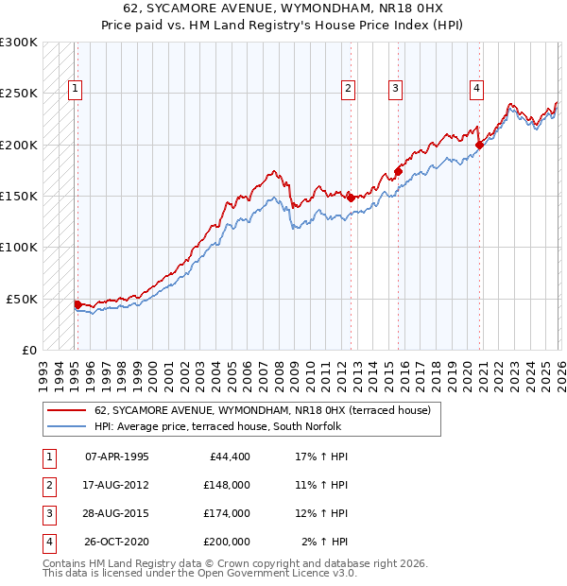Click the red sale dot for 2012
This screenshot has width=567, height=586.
pos(351,198)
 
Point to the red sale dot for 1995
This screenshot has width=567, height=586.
pos(77,303)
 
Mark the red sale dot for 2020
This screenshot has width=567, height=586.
pos(479,145)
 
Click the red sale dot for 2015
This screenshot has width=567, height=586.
pos(398,171)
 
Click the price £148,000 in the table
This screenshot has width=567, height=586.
pos(227,484)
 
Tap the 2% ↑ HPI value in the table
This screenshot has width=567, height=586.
pos(324,543)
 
